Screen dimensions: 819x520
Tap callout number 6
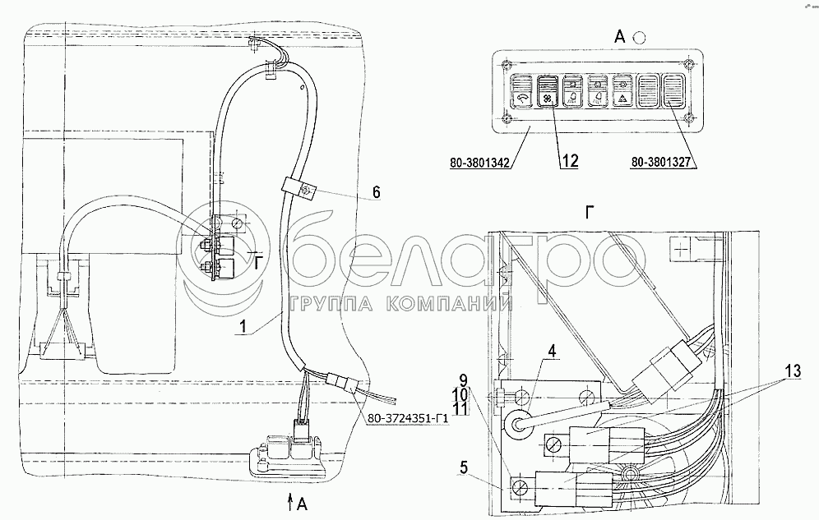click(377, 192)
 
